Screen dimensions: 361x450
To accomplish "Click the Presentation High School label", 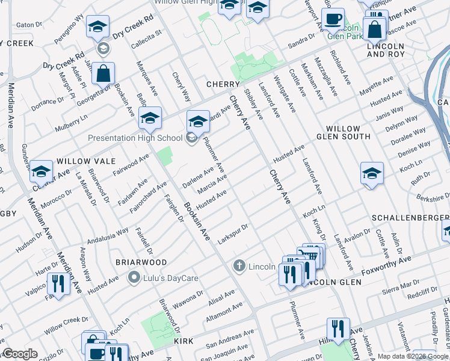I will pyautogui.click(x=135, y=138).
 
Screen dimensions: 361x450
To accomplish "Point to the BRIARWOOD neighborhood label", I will pyautogui.click(x=141, y=262).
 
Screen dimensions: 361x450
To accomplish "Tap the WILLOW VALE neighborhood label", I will pyautogui.click(x=82, y=162).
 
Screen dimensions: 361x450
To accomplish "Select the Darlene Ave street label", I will pyautogui.click(x=199, y=177).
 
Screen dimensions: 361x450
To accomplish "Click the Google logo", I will pyautogui.click(x=19, y=354).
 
